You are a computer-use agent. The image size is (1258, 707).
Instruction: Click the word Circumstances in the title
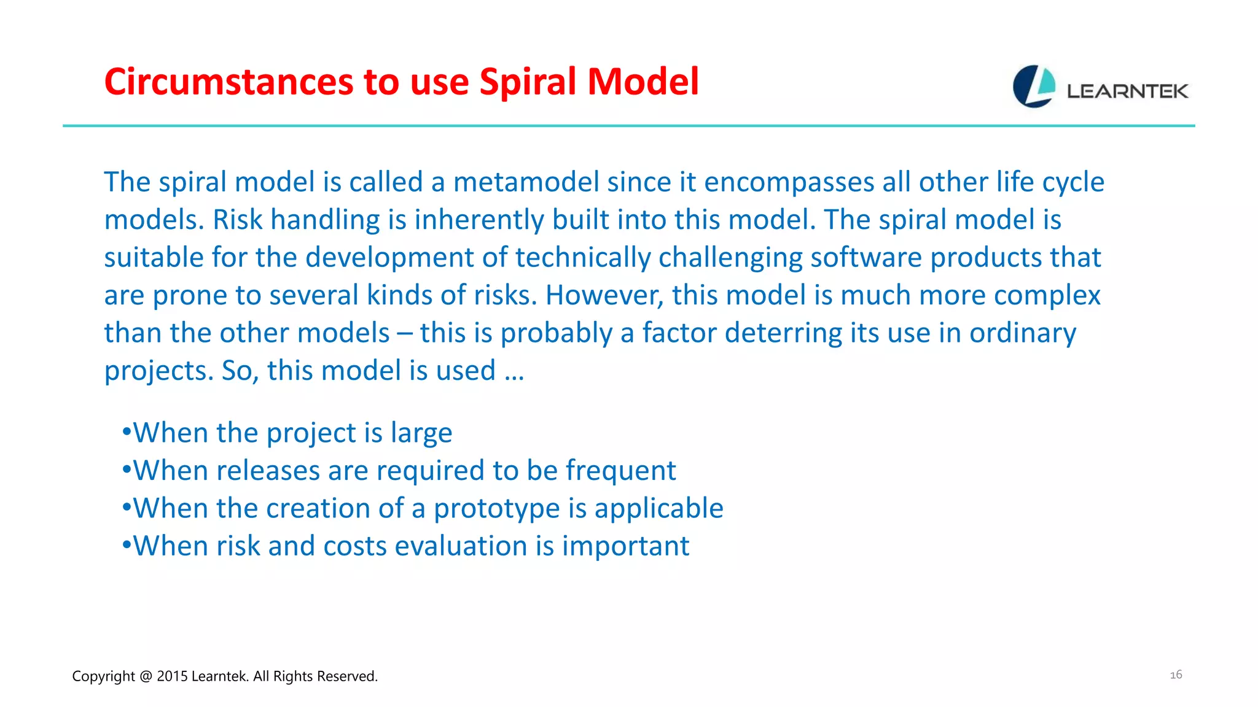(x=228, y=82)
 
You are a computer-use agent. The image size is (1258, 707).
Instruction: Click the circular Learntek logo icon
(x=1034, y=87)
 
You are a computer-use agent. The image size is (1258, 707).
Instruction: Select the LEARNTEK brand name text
(x=1127, y=91)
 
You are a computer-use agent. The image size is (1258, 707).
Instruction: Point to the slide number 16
(x=1176, y=674)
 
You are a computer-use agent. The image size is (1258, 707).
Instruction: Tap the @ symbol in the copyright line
(x=146, y=676)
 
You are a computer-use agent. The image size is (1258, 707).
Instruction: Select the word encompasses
(x=789, y=182)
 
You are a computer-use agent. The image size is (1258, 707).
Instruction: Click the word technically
(x=583, y=258)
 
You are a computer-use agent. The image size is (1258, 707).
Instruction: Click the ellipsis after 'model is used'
(x=514, y=371)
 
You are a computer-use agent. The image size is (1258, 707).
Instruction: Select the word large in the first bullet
(x=421, y=433)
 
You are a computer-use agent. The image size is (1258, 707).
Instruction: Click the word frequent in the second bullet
(x=620, y=471)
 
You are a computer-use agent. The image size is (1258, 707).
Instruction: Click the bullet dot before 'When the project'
(x=127, y=432)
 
